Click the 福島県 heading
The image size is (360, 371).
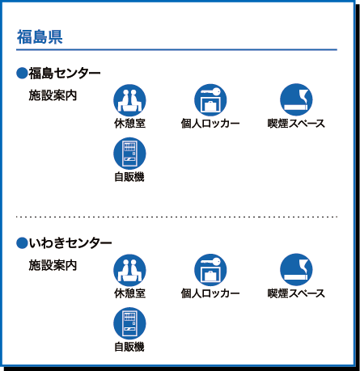(x=40, y=37)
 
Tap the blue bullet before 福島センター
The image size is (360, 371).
(x=22, y=74)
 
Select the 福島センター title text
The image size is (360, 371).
(x=65, y=74)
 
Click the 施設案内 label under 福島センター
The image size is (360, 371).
(x=53, y=95)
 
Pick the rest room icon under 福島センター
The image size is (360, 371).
(x=129, y=100)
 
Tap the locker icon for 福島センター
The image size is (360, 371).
(x=210, y=99)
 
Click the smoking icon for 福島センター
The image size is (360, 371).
(x=296, y=99)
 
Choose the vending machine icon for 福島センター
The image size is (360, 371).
(x=129, y=154)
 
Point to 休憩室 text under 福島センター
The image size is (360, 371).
(x=129, y=124)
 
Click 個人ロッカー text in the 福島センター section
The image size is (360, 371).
(x=210, y=124)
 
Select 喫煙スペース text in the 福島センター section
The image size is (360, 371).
(x=296, y=124)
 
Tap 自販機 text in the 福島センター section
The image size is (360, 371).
(x=129, y=177)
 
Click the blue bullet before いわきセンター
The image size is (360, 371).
(x=22, y=243)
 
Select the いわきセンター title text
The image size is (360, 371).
(x=70, y=243)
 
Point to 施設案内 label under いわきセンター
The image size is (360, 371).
(x=53, y=265)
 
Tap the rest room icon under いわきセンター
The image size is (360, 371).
(x=129, y=270)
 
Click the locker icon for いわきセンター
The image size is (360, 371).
(x=210, y=270)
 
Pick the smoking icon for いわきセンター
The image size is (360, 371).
(x=296, y=269)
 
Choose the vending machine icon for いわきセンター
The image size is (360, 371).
(x=129, y=323)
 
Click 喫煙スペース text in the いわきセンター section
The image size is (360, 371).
(x=296, y=293)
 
